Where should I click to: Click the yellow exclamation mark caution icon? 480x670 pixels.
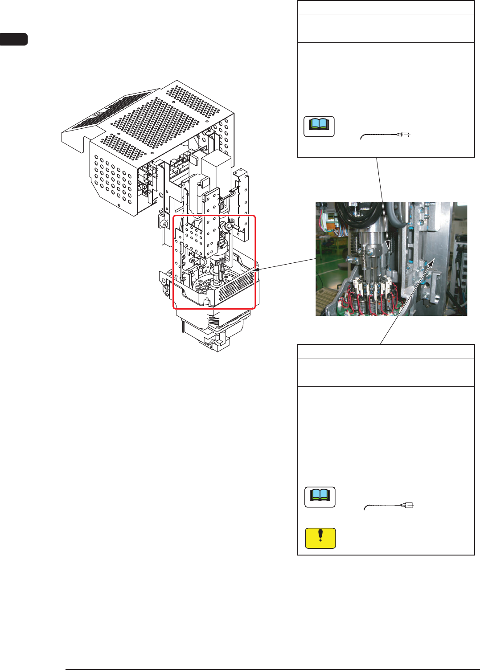click(x=320, y=538)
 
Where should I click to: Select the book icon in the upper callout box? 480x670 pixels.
click(x=319, y=127)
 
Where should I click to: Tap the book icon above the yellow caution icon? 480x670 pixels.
click(x=320, y=497)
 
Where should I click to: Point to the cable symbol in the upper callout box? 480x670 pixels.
click(x=386, y=135)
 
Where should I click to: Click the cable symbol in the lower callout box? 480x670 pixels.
click(x=390, y=506)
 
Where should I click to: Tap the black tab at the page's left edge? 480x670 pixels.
click(x=13, y=39)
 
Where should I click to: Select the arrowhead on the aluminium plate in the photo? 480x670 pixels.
click(x=430, y=263)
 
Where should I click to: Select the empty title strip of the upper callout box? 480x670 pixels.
click(x=386, y=8)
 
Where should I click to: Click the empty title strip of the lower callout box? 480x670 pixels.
click(x=386, y=352)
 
